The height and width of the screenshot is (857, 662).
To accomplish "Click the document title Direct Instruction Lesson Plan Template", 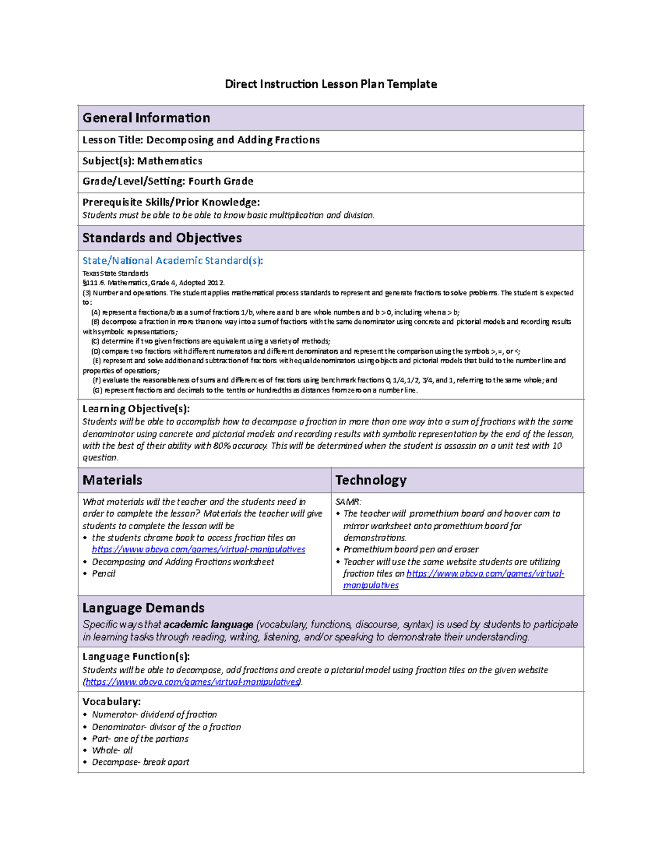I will pyautogui.click(x=330, y=84).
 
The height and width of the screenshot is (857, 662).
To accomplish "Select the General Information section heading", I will pyautogui.click(x=146, y=118).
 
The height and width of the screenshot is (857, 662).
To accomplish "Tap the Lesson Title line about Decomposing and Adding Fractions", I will pyautogui.click(x=201, y=140).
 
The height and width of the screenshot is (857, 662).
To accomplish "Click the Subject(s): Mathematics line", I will pyautogui.click(x=142, y=161).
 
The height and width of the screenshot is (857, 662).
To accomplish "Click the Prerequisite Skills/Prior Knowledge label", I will pyautogui.click(x=171, y=203).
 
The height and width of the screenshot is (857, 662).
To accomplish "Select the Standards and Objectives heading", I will pyautogui.click(x=162, y=238).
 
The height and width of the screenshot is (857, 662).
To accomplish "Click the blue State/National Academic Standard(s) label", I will pyautogui.click(x=173, y=260).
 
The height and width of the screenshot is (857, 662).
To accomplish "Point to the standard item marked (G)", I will pyautogui.click(x=255, y=390).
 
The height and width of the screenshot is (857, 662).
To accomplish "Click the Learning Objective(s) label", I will pyautogui.click(x=136, y=409).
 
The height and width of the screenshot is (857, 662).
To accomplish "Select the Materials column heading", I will pyautogui.click(x=113, y=480).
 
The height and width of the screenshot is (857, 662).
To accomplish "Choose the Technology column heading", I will pyautogui.click(x=371, y=480).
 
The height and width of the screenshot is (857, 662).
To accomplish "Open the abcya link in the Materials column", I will pyautogui.click(x=199, y=550).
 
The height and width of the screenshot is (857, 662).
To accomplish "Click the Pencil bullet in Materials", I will pyautogui.click(x=104, y=574).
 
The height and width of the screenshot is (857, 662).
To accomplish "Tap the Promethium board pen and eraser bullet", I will pyautogui.click(x=411, y=550).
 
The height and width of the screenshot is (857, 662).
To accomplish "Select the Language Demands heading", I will pyautogui.click(x=143, y=608).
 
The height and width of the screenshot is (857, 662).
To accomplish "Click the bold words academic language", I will pyautogui.click(x=209, y=625).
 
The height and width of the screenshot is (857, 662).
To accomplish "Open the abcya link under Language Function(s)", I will pyautogui.click(x=193, y=682).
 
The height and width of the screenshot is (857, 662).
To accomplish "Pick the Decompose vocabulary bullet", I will pyautogui.click(x=140, y=762).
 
